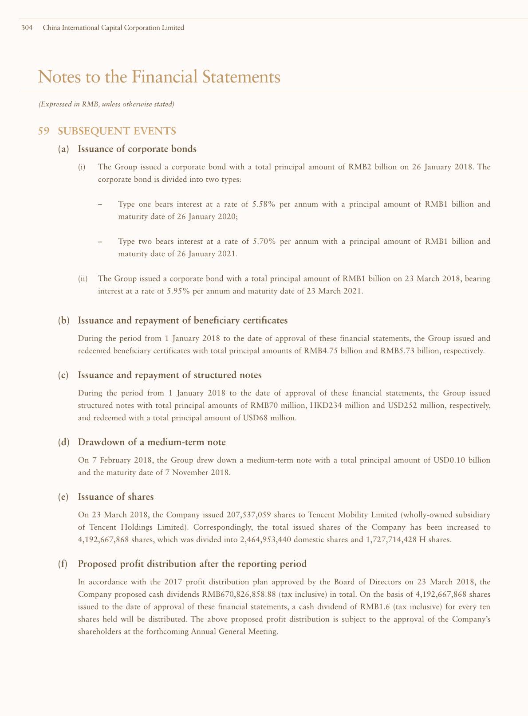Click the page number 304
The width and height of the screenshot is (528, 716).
pos(27,28)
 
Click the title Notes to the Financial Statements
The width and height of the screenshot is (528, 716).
pos(159,77)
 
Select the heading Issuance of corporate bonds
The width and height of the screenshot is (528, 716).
pos(137,149)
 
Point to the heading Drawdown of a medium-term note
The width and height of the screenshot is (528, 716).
pos(152,442)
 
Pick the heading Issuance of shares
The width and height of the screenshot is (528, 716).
pos(116,497)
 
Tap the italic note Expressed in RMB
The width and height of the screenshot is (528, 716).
pos(106,105)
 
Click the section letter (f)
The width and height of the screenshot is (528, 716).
pos(63,564)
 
